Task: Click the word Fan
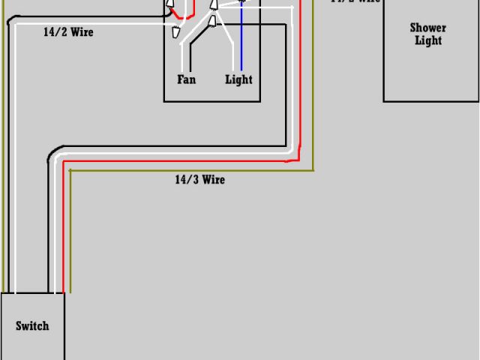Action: [x=186, y=79]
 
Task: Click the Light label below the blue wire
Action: [x=238, y=79]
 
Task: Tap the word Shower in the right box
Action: [x=427, y=28]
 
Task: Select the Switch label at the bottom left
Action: [x=32, y=325]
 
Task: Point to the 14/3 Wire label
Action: [x=199, y=180]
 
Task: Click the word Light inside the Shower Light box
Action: [x=428, y=40]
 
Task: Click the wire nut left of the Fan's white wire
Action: [x=175, y=31]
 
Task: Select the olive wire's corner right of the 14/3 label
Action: [x=312, y=169]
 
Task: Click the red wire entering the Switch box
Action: [x=63, y=277]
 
